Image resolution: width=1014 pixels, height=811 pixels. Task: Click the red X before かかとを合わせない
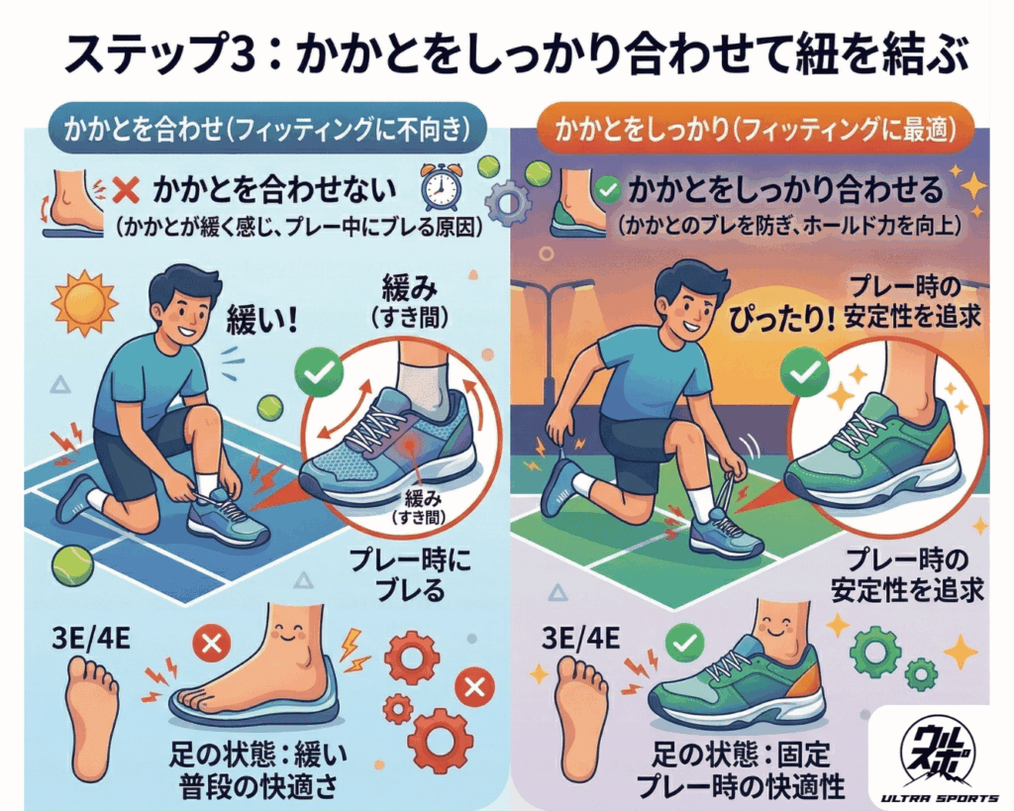126,188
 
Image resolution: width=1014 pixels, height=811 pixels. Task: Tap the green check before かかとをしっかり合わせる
611,188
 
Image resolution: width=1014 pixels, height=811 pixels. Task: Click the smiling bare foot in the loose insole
262,673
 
